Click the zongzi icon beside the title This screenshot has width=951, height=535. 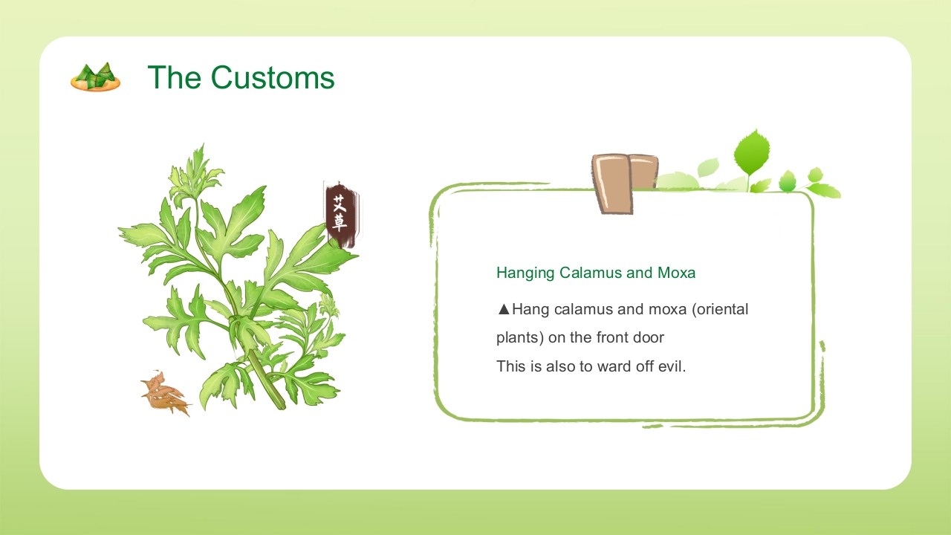[x=96, y=77]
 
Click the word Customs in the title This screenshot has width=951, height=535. [x=273, y=77]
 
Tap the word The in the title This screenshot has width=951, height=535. [x=174, y=77]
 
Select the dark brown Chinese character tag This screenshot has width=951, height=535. [x=342, y=215]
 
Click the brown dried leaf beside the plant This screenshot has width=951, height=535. [x=165, y=394]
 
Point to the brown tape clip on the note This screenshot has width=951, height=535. [x=624, y=184]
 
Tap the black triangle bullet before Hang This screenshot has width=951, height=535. [x=504, y=309]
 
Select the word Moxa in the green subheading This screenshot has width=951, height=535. [x=676, y=273]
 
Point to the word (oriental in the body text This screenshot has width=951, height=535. [x=720, y=310]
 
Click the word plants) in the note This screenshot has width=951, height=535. [x=520, y=338]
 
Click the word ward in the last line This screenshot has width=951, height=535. [x=611, y=366]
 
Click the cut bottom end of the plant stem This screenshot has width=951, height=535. [x=280, y=403]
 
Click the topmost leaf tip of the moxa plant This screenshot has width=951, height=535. [x=203, y=144]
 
